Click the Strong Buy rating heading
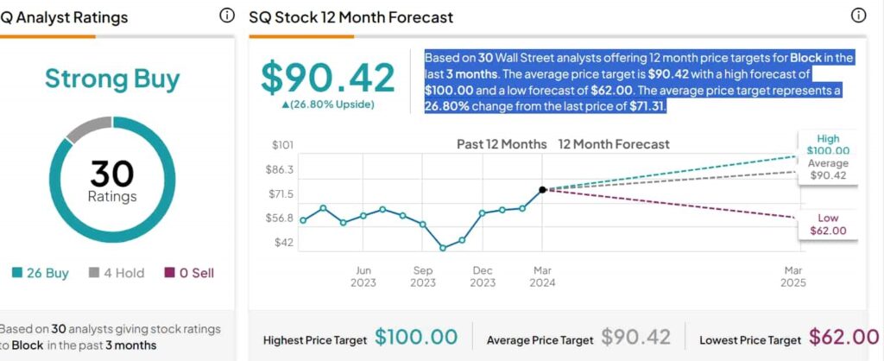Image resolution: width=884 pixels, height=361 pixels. click(x=112, y=79)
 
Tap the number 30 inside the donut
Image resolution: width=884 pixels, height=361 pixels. click(x=112, y=174)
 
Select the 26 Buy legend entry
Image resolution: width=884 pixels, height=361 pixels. click(x=41, y=273)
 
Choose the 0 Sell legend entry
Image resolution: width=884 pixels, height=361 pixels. click(x=189, y=273)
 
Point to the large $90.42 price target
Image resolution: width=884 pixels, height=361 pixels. click(x=328, y=79)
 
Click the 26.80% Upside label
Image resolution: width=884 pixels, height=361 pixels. click(x=328, y=104)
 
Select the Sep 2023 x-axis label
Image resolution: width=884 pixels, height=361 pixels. click(x=423, y=276)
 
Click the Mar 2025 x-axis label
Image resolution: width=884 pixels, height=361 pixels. click(x=792, y=276)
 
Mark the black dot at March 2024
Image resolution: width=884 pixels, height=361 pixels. click(x=542, y=189)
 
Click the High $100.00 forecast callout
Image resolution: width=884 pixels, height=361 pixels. click(x=828, y=144)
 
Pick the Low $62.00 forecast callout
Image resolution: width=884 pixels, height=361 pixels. click(x=828, y=225)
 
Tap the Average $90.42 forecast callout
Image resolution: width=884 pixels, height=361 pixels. click(x=828, y=169)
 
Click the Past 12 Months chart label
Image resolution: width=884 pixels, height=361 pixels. click(x=502, y=144)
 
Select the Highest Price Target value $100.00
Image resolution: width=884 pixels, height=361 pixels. click(x=416, y=338)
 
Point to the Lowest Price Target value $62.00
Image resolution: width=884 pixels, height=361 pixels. click(x=844, y=338)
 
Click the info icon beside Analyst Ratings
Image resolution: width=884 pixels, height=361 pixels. click(x=227, y=16)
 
